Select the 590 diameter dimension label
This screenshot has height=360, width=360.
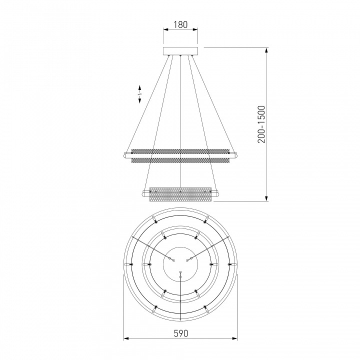coord(180,333)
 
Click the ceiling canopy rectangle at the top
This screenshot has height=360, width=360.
coord(180,50)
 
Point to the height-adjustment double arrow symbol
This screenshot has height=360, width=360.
coord(140,93)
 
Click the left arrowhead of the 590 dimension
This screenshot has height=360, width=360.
coord(125,338)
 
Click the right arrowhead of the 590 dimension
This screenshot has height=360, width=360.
coord(235,338)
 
